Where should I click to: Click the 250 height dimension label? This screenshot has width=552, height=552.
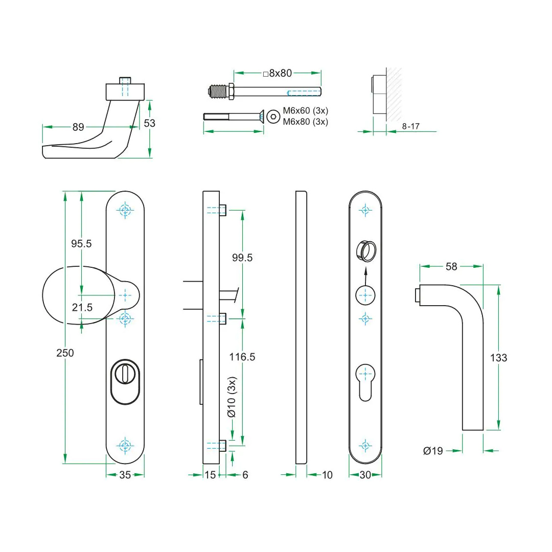[65, 353]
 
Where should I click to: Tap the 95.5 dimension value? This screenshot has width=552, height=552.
[81, 244]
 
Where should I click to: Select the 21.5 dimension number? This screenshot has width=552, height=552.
[82, 307]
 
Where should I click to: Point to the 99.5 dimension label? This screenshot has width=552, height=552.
[242, 258]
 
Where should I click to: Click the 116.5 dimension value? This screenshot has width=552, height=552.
[242, 357]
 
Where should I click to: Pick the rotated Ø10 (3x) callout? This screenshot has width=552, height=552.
[232, 397]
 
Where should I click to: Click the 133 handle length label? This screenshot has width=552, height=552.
[498, 358]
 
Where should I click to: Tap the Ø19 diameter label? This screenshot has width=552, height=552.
[433, 451]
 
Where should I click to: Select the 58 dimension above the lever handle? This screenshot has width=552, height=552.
[451, 266]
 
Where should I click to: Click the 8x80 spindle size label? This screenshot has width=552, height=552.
[278, 73]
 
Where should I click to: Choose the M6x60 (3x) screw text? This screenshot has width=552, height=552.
[306, 110]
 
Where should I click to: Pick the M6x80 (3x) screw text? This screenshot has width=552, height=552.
[306, 122]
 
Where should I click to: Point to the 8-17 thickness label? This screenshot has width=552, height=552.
[411, 126]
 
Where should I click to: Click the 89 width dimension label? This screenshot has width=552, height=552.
[78, 127]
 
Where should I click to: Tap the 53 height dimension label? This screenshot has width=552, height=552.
[150, 123]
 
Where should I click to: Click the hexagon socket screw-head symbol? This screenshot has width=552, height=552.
[273, 117]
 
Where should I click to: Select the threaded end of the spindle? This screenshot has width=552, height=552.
[219, 91]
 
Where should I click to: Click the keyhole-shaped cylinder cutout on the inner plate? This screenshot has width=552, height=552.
[365, 382]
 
